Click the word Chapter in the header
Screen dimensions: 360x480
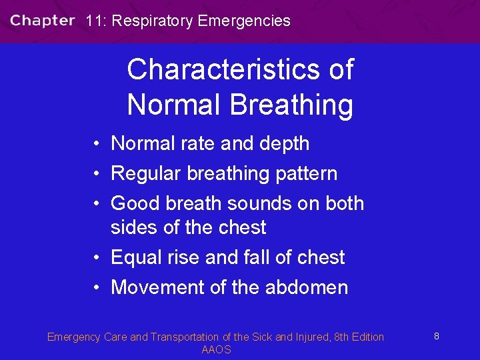pos(42,21)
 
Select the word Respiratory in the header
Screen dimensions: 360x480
pos(153,21)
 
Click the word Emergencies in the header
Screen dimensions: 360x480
pos(245,21)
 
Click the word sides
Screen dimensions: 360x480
pos(135,227)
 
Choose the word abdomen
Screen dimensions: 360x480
pos(307,287)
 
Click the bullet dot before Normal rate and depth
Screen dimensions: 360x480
pos(97,143)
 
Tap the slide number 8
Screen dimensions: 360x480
pos(436,337)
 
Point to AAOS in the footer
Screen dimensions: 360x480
pos(216,350)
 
